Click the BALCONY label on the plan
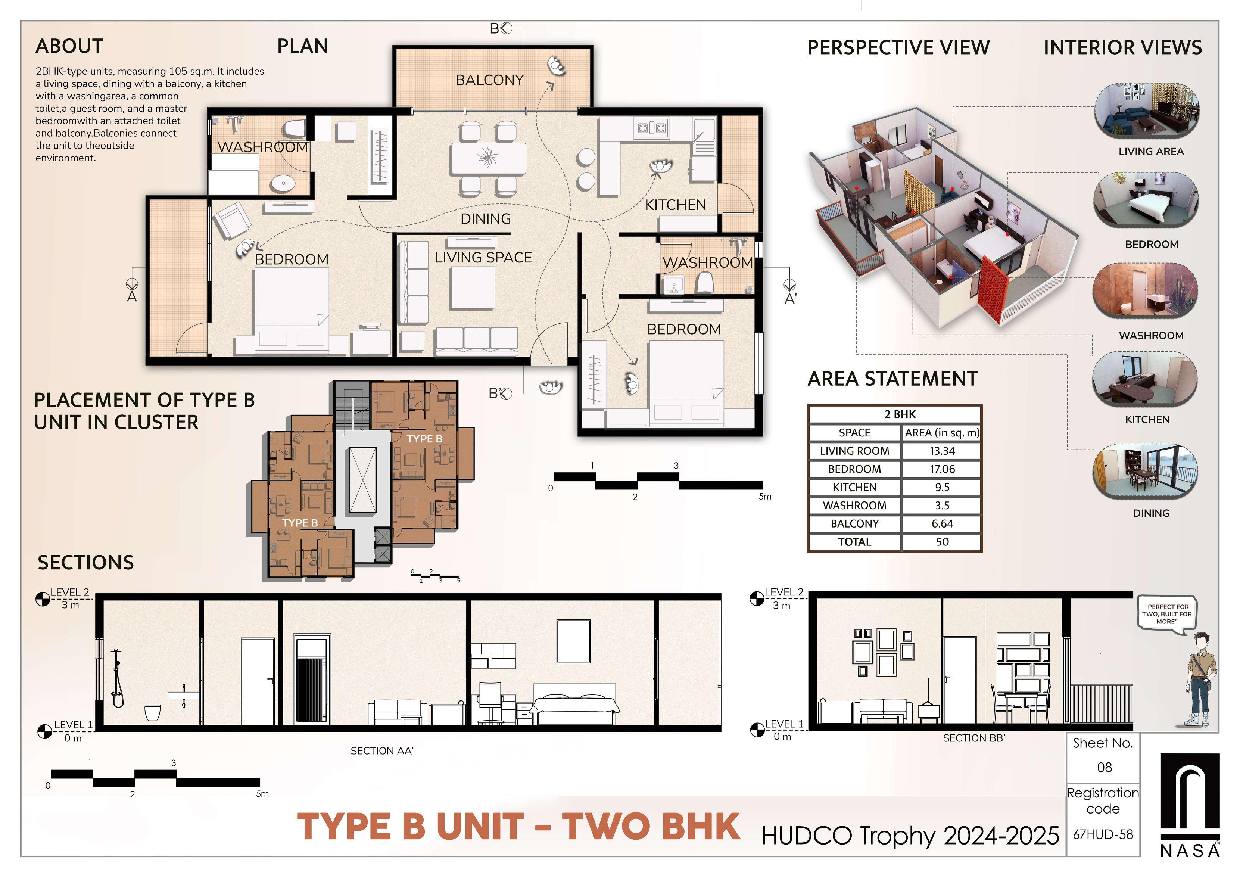tap(489, 80)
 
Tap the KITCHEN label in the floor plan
tap(676, 205)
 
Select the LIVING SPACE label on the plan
tap(483, 258)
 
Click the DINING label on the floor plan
tap(486, 219)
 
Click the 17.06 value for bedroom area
tap(942, 469)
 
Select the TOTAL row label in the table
tap(854, 542)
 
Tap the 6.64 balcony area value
tap(942, 524)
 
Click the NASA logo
tap(1190, 805)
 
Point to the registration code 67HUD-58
tap(1103, 834)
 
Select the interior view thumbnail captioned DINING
tap(1145, 473)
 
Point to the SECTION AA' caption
tap(382, 751)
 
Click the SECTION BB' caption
tap(974, 738)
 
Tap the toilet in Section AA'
tap(153, 712)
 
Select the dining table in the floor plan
tap(488, 158)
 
